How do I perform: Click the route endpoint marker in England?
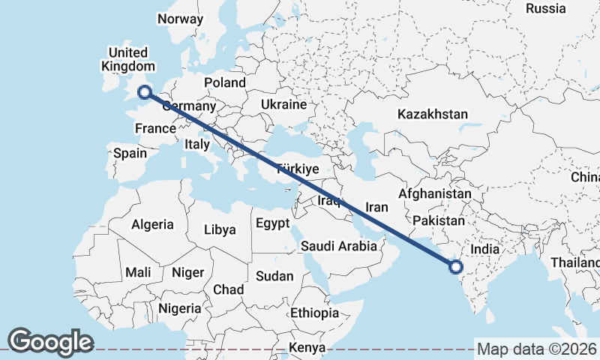144,93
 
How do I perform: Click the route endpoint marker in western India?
454,266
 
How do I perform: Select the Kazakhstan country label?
433,115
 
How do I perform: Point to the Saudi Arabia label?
338,246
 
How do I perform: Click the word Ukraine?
284,104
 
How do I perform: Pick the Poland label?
224,82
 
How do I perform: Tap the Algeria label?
152,224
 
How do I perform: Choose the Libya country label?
220,229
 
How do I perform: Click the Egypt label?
271,223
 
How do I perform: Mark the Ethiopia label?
315,313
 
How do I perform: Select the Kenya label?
307,348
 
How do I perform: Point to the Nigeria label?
179,308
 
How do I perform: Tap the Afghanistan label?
434,194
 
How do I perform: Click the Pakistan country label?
439,221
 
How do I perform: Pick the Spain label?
130,154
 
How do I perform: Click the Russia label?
545,9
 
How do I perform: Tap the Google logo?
50,342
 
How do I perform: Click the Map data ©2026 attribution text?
537,349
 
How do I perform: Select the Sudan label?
274,277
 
